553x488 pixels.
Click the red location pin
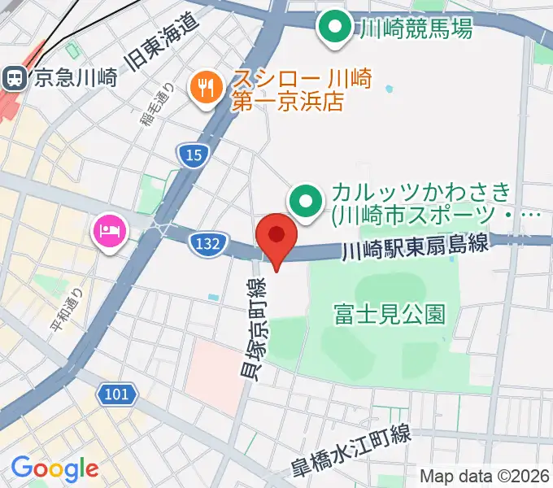coord(276,236)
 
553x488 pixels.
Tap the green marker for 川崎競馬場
coord(333,28)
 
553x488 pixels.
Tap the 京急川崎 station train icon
coord(14,77)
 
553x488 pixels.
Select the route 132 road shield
coord(207,242)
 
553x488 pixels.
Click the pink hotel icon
coord(109,230)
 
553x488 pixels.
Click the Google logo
coord(54,468)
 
